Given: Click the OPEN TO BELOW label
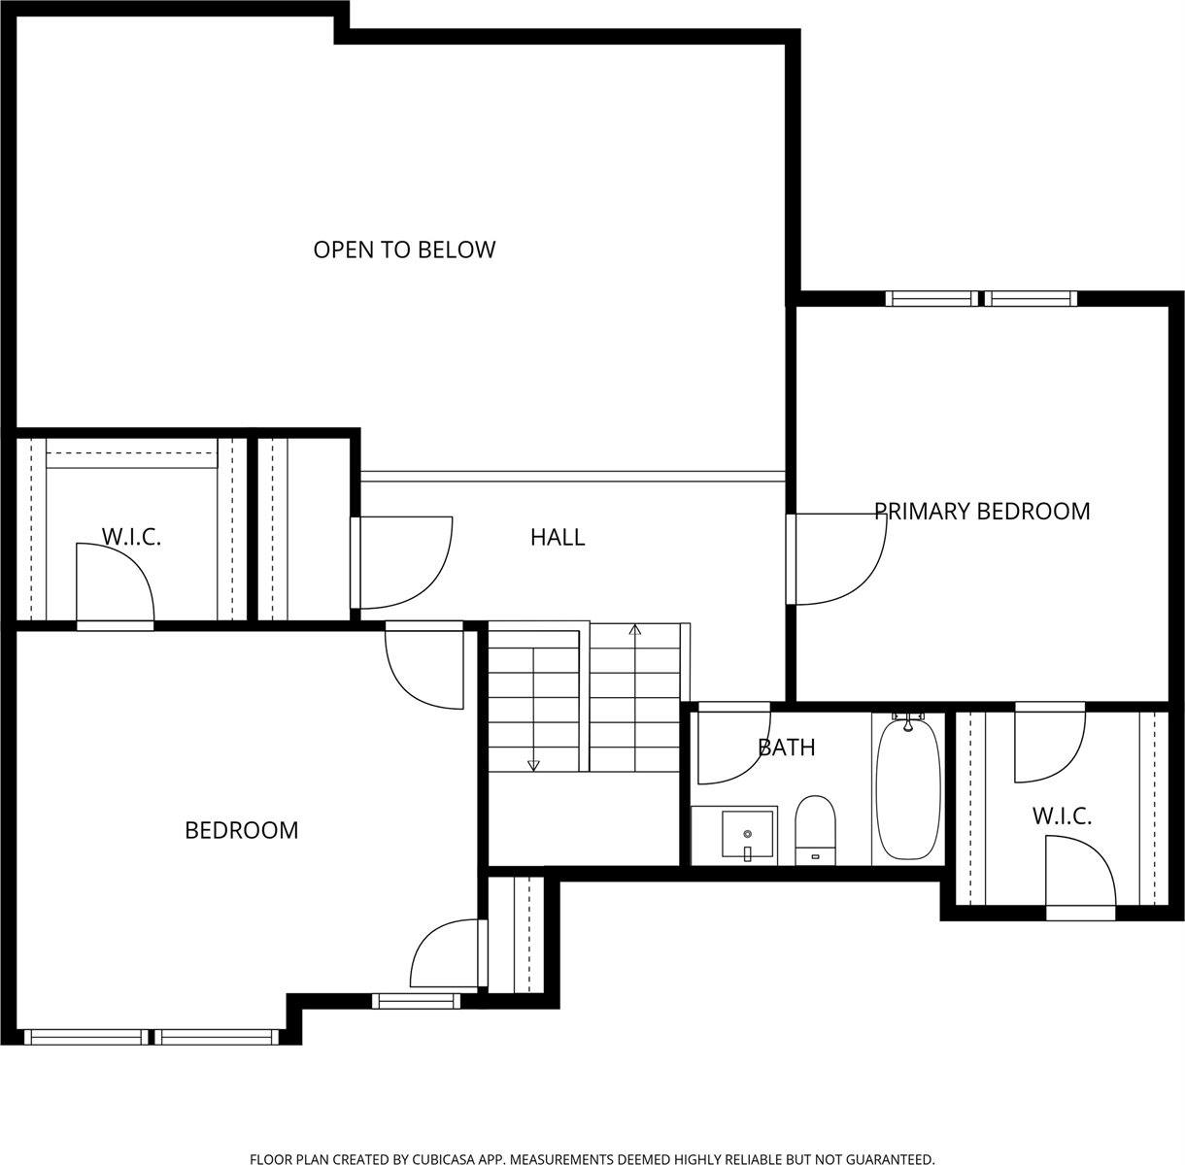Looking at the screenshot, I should (404, 250).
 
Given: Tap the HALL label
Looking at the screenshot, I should (558, 537).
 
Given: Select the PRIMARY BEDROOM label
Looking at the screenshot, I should (982, 511).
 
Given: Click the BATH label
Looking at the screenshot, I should (786, 748).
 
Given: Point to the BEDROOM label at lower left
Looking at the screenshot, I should (241, 830).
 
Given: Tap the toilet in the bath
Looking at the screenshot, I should (816, 827).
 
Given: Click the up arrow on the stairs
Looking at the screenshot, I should (635, 631).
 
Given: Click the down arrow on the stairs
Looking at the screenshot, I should (532, 764).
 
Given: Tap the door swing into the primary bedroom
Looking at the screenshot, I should (840, 558).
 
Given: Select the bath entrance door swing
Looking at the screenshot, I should (732, 744).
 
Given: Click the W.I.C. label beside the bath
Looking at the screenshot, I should (1062, 816).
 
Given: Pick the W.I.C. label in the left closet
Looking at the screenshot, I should (131, 537).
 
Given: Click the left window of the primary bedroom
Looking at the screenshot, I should (932, 298).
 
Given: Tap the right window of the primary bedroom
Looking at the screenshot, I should (1031, 298).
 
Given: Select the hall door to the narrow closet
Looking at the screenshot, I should (403, 561).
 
